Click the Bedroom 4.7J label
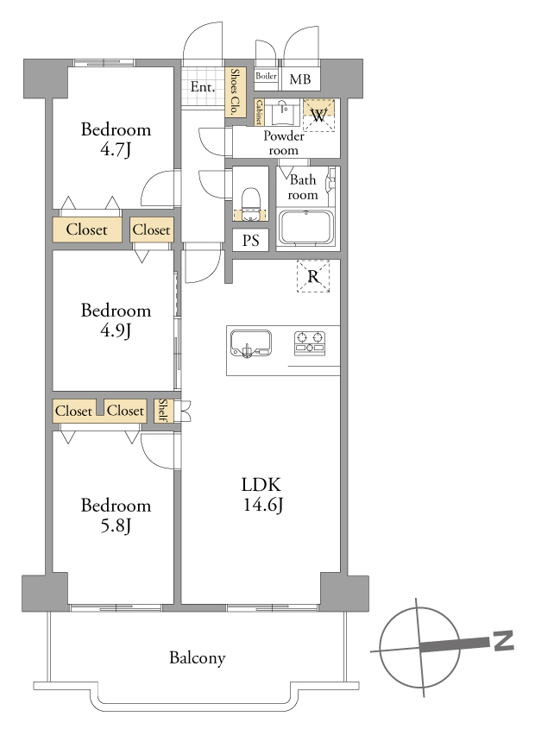pyautogui.click(x=116, y=139)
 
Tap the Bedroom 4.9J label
pyautogui.click(x=116, y=320)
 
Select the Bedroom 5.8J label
pyautogui.click(x=116, y=515)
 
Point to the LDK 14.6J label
pyautogui.click(x=262, y=494)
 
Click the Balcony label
pyautogui.click(x=198, y=658)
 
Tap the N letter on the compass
pyautogui.click(x=503, y=640)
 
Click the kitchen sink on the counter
pyautogui.click(x=251, y=344)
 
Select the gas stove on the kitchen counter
pyautogui.click(x=310, y=343)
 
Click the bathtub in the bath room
pyautogui.click(x=306, y=228)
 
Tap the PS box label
pyautogui.click(x=250, y=241)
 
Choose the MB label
pyautogui.click(x=299, y=79)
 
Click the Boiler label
pyautogui.click(x=266, y=76)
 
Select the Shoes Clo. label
pyautogui.click(x=235, y=91)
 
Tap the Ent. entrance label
pyautogui.click(x=203, y=87)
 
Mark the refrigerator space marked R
pyautogui.click(x=313, y=276)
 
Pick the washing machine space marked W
pyautogui.click(x=318, y=116)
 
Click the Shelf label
pyautogui.click(x=162, y=410)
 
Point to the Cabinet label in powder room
pyautogui.click(x=259, y=112)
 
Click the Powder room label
pyautogui.click(x=283, y=142)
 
